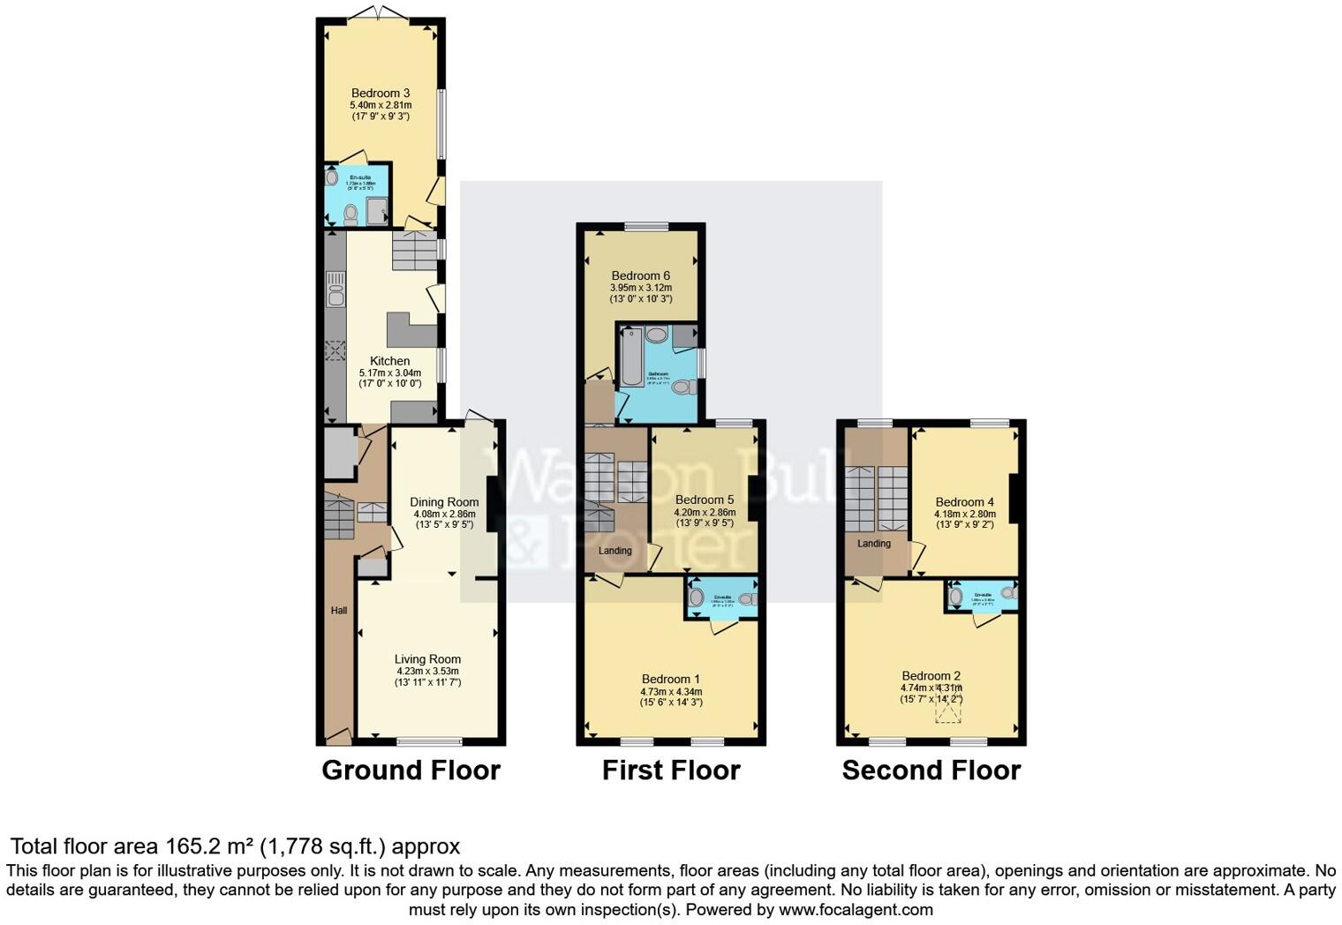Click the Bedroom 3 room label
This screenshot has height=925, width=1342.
point(381,94)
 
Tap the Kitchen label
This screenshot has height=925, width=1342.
point(389,361)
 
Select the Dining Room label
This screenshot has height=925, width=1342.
point(444,502)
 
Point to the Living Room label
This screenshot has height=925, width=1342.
point(427,659)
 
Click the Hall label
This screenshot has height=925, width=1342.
point(339,611)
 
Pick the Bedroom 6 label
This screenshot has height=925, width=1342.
point(640,275)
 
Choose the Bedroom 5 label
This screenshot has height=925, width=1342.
point(705,500)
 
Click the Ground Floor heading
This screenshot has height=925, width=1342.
point(411,771)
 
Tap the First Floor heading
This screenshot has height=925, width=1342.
point(671,771)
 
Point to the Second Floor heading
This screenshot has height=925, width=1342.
point(931,771)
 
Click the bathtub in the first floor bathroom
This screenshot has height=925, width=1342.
point(632,357)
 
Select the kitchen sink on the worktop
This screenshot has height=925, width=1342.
point(335,289)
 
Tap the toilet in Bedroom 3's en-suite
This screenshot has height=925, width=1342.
point(351,213)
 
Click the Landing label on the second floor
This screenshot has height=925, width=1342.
point(874,544)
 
